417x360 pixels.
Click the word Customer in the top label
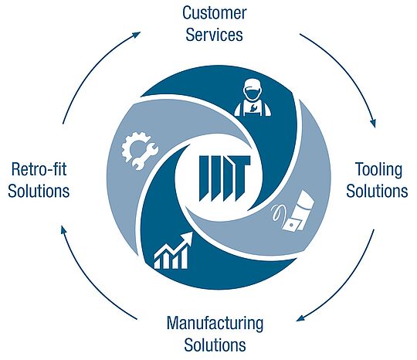[215, 13]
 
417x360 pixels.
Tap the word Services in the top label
[214, 35]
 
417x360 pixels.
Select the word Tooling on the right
[378, 170]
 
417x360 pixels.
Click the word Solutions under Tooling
[377, 191]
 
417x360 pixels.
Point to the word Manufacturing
[215, 324]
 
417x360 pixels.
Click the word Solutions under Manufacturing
[215, 345]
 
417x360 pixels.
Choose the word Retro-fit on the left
[39, 169]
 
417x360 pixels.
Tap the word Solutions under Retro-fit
[39, 191]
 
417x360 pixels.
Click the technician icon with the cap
[253, 97]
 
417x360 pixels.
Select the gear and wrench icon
[139, 151]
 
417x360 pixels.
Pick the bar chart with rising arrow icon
[173, 250]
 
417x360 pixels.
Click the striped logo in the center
[224, 178]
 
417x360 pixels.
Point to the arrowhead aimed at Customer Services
[137, 34]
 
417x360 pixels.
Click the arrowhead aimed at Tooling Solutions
[374, 123]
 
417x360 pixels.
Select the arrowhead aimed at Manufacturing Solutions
[300, 318]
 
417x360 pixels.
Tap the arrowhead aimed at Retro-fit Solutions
[63, 229]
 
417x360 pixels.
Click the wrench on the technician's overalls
[253, 108]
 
